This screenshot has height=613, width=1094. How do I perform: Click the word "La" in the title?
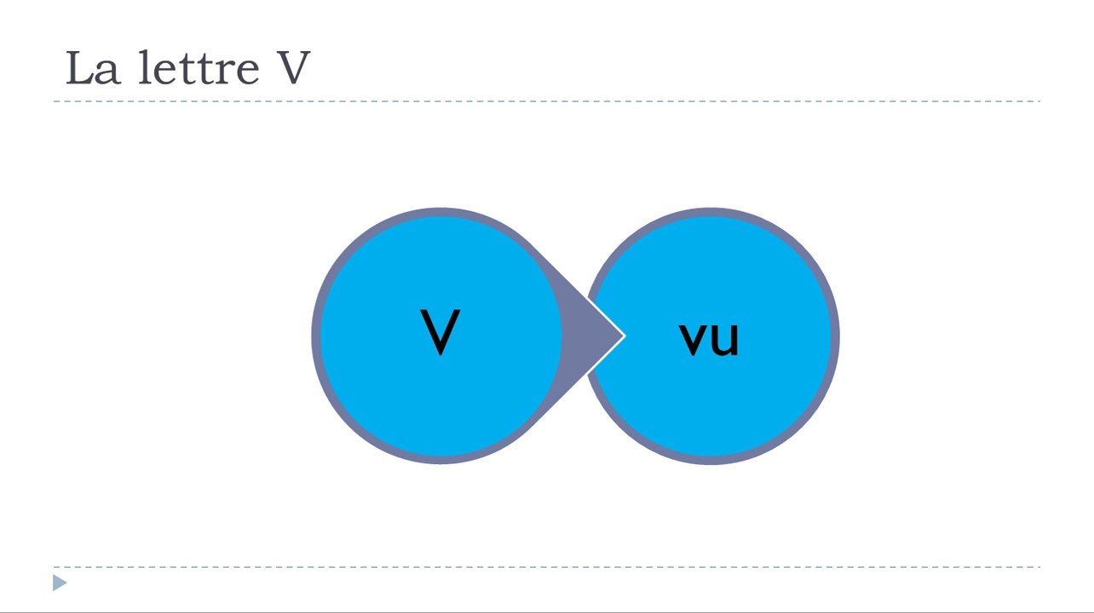[x=93, y=68]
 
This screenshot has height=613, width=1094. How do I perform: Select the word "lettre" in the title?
[x=199, y=67]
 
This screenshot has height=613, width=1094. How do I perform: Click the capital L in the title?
[x=80, y=67]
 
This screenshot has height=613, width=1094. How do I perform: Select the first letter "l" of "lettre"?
[x=145, y=67]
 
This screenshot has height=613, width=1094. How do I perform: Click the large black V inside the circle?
[x=440, y=332]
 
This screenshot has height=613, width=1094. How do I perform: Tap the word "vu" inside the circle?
[x=709, y=339]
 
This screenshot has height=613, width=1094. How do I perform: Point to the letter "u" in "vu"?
[x=724, y=339]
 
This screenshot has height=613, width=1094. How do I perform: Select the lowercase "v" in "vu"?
[x=694, y=339]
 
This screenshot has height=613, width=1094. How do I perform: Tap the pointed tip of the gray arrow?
[x=625, y=335]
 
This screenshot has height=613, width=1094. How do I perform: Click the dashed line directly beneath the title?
[x=546, y=101]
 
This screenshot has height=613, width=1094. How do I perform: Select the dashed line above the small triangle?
[x=546, y=567]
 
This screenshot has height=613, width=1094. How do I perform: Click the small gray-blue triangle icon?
[x=59, y=582]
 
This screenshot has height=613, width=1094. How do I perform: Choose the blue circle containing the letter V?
[x=440, y=335]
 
